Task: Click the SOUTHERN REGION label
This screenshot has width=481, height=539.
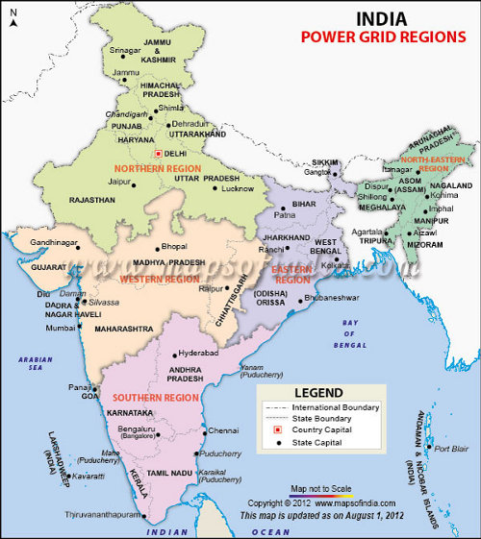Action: tap(149, 397)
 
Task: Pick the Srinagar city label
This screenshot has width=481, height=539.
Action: tap(125, 49)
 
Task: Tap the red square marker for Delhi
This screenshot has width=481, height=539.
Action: tap(156, 152)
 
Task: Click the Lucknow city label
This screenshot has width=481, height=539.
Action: tap(237, 189)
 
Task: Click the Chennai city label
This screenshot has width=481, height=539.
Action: tap(223, 430)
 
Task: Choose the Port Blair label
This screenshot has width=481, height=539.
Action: tap(452, 448)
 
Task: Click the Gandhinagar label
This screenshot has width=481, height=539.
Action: tap(53, 242)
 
